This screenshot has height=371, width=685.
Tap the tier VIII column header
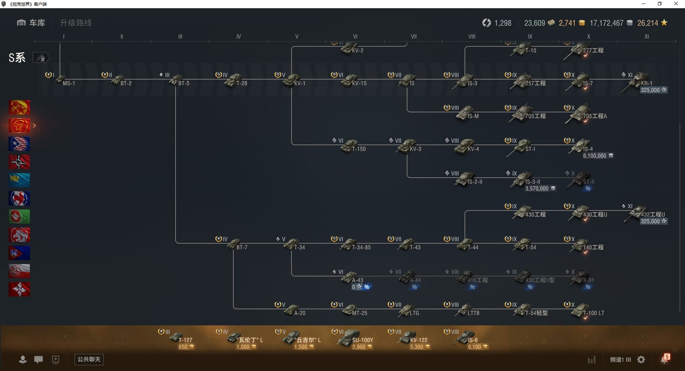click(472, 36)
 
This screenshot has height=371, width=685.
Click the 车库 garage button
click(31, 23)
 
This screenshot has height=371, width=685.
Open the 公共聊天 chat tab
click(89, 359)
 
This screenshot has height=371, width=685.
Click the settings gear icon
click(641, 360)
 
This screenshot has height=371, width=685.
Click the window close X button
click(676, 4)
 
